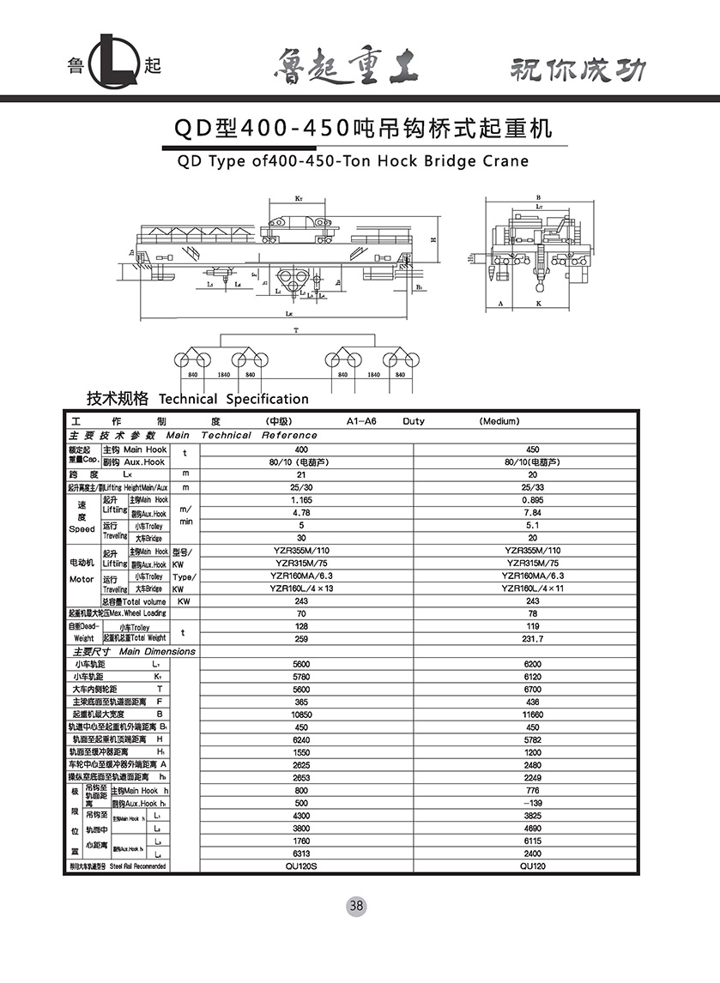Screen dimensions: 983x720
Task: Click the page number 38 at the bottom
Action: pyautogui.click(x=357, y=906)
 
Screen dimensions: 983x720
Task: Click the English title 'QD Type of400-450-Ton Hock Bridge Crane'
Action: pyautogui.click(x=352, y=160)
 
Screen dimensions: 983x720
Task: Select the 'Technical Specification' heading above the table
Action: pyautogui.click(x=233, y=399)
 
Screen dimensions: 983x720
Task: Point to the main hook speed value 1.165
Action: pyautogui.click(x=301, y=499)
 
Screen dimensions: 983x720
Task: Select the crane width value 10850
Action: pyautogui.click(x=301, y=714)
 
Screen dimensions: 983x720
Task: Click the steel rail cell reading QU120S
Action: pyautogui.click(x=301, y=866)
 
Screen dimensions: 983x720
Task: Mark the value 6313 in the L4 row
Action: pyautogui.click(x=301, y=853)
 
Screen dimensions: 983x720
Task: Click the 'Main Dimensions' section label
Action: pyautogui.click(x=157, y=651)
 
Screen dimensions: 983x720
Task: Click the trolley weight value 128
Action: pyautogui.click(x=301, y=626)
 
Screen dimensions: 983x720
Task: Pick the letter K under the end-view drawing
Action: pyautogui.click(x=539, y=305)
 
